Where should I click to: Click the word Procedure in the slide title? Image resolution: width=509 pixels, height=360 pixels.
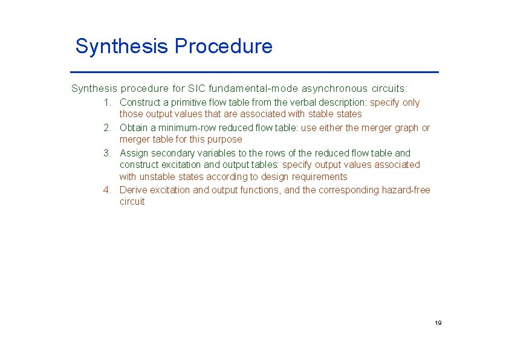click(223, 47)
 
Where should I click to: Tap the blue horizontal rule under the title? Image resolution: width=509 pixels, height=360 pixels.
click(257, 72)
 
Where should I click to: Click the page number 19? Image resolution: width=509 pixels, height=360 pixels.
click(438, 323)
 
